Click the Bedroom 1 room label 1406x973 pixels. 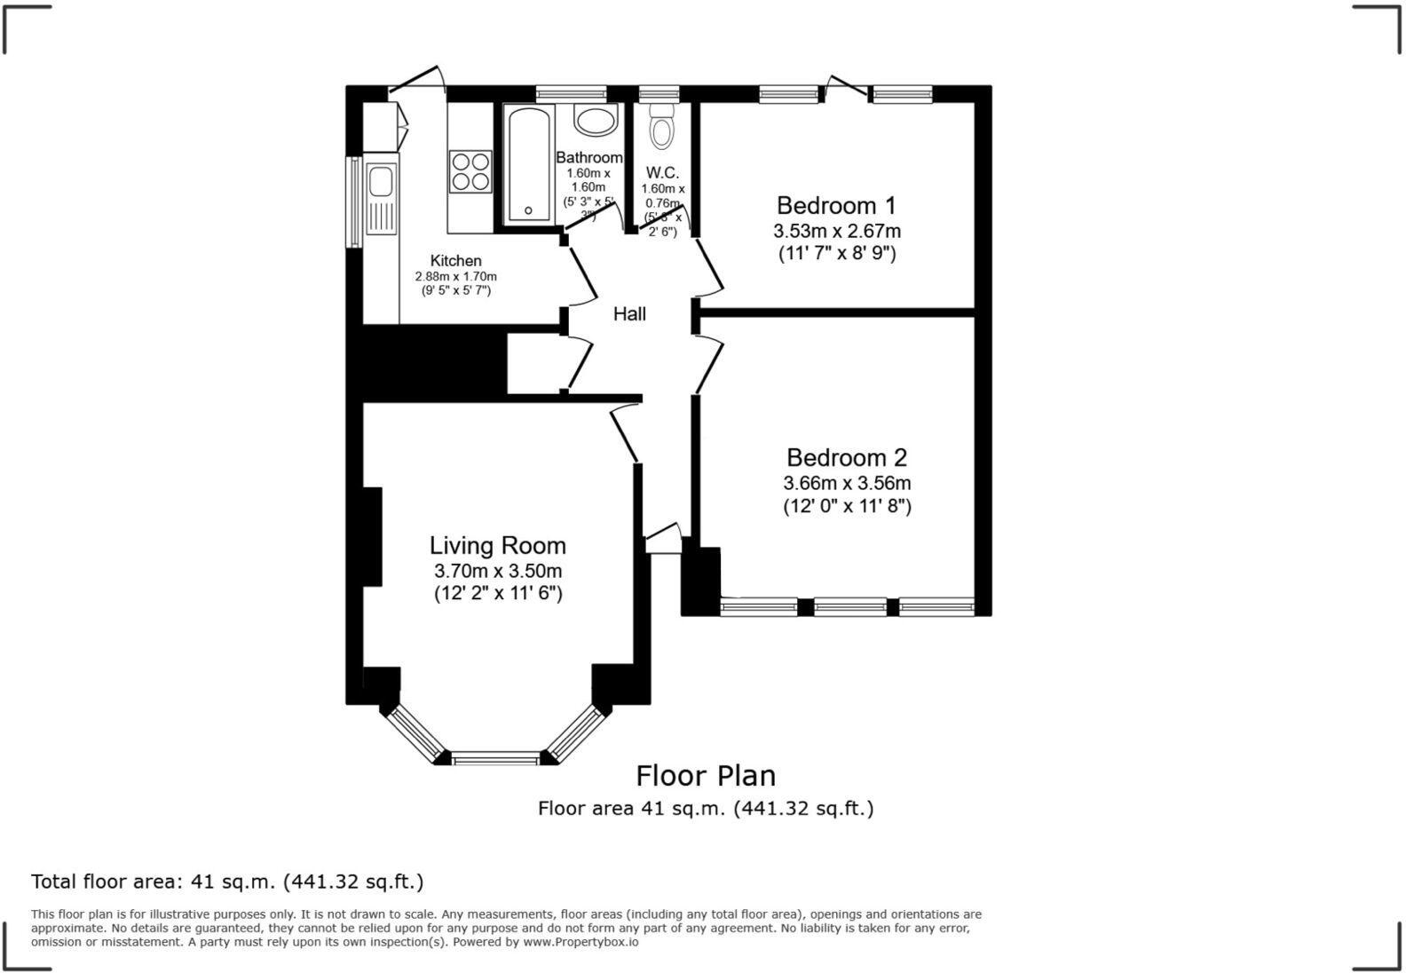click(835, 206)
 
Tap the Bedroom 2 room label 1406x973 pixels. click(847, 458)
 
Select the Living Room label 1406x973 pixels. click(497, 545)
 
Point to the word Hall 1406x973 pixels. click(629, 314)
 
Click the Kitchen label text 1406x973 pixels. click(455, 261)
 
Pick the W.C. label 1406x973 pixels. click(662, 173)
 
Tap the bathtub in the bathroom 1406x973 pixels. click(528, 164)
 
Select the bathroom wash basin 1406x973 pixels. click(596, 120)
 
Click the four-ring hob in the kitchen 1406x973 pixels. click(470, 171)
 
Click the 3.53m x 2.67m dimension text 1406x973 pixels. click(836, 232)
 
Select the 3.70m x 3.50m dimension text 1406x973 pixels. click(497, 571)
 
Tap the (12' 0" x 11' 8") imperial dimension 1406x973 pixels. click(847, 507)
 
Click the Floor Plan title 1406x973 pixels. click(706, 776)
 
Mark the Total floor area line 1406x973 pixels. click(227, 882)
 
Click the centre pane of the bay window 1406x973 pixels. click(495, 758)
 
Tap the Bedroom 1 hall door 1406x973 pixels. click(709, 265)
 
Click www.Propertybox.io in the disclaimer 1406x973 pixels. click(581, 943)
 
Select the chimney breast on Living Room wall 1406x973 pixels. click(372, 536)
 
